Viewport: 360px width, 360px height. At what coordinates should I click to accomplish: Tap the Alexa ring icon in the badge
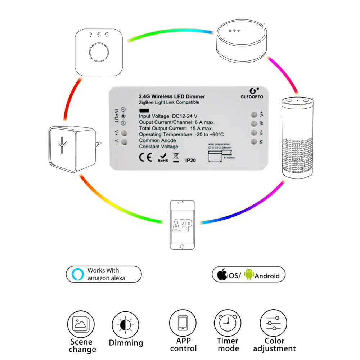(77, 274)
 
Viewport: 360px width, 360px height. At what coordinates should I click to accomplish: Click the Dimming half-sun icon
(125, 325)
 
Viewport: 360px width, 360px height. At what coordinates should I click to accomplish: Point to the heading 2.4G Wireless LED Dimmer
(172, 96)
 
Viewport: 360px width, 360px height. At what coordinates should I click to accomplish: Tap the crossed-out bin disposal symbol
(175, 158)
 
